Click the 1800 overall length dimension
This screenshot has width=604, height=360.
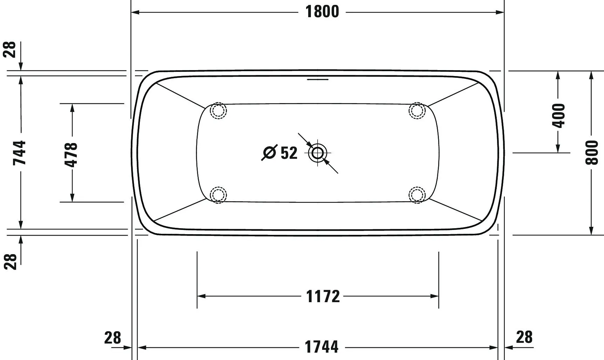pos(322,12)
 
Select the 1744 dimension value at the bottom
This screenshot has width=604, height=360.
pos(321,347)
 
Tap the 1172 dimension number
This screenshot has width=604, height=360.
pos(323,296)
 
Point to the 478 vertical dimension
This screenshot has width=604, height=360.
pos(71,155)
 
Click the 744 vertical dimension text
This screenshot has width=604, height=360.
pos(20,153)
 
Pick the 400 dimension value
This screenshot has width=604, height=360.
pos(558,116)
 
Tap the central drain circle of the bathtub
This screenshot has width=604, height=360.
pos(318,153)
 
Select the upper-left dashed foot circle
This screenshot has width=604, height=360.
pos(218,111)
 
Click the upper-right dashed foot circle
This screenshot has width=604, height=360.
pos(417,111)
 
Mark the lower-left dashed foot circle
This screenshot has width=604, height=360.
pos(218,195)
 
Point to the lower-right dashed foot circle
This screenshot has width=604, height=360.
pos(417,195)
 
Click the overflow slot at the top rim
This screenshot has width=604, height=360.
pos(318,79)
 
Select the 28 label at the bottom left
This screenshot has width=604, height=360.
pos(113,338)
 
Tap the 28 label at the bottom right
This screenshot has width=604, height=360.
pos(524,337)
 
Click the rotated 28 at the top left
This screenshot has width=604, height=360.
pos(10,49)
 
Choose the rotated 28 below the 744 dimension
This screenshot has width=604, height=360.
pos(11,261)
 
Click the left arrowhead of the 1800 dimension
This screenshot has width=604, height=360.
pos(135,12)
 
